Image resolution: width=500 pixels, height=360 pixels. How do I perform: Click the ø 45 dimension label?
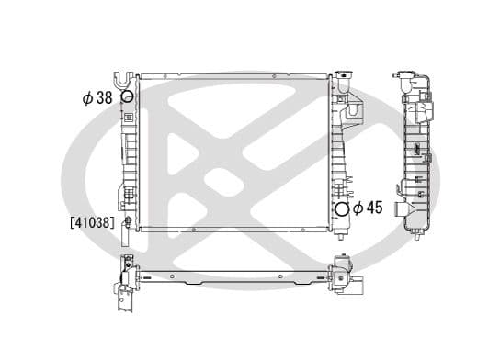tap(369, 208)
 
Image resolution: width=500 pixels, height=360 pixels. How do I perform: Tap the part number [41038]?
tap(90, 221)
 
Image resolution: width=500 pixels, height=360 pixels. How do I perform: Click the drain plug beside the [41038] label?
tap(127, 221)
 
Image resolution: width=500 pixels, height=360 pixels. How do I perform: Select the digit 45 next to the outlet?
tap(375, 208)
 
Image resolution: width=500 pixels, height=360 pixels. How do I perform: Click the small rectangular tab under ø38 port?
tap(128, 117)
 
